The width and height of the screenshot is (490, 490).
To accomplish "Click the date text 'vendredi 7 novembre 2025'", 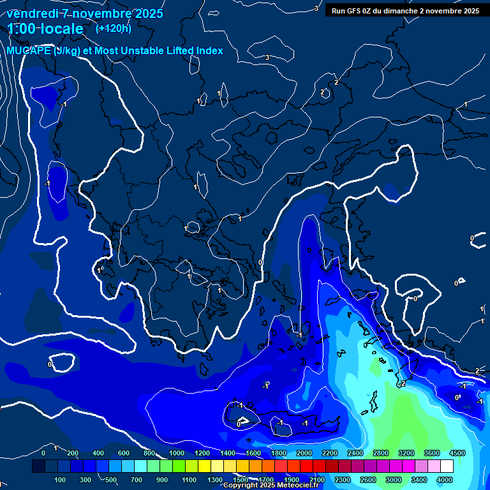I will [85, 13].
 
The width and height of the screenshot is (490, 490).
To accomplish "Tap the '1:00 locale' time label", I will [45, 29].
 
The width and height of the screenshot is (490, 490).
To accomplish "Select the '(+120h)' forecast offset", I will [114, 28].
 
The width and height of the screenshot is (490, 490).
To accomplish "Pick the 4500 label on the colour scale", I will [457, 453].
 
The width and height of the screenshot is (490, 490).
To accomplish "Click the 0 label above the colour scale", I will [43, 453].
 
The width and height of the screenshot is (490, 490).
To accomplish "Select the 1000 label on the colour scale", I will [176, 453].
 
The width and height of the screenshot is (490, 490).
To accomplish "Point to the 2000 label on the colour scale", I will [304, 453].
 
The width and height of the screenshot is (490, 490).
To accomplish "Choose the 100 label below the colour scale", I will [61, 480].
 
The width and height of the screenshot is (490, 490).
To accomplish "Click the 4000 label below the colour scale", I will [444, 480].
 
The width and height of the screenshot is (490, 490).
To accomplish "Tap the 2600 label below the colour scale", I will [367, 480].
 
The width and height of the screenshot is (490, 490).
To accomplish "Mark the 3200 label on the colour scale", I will [406, 453].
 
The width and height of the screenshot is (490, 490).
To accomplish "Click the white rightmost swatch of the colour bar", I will [464, 466].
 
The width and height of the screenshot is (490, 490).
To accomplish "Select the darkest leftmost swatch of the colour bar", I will [38, 466].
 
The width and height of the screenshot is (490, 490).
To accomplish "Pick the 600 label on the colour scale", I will [124, 453].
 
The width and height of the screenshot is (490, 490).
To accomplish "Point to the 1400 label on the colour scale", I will [227, 453].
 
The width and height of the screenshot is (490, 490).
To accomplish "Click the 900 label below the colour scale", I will [163, 480].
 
